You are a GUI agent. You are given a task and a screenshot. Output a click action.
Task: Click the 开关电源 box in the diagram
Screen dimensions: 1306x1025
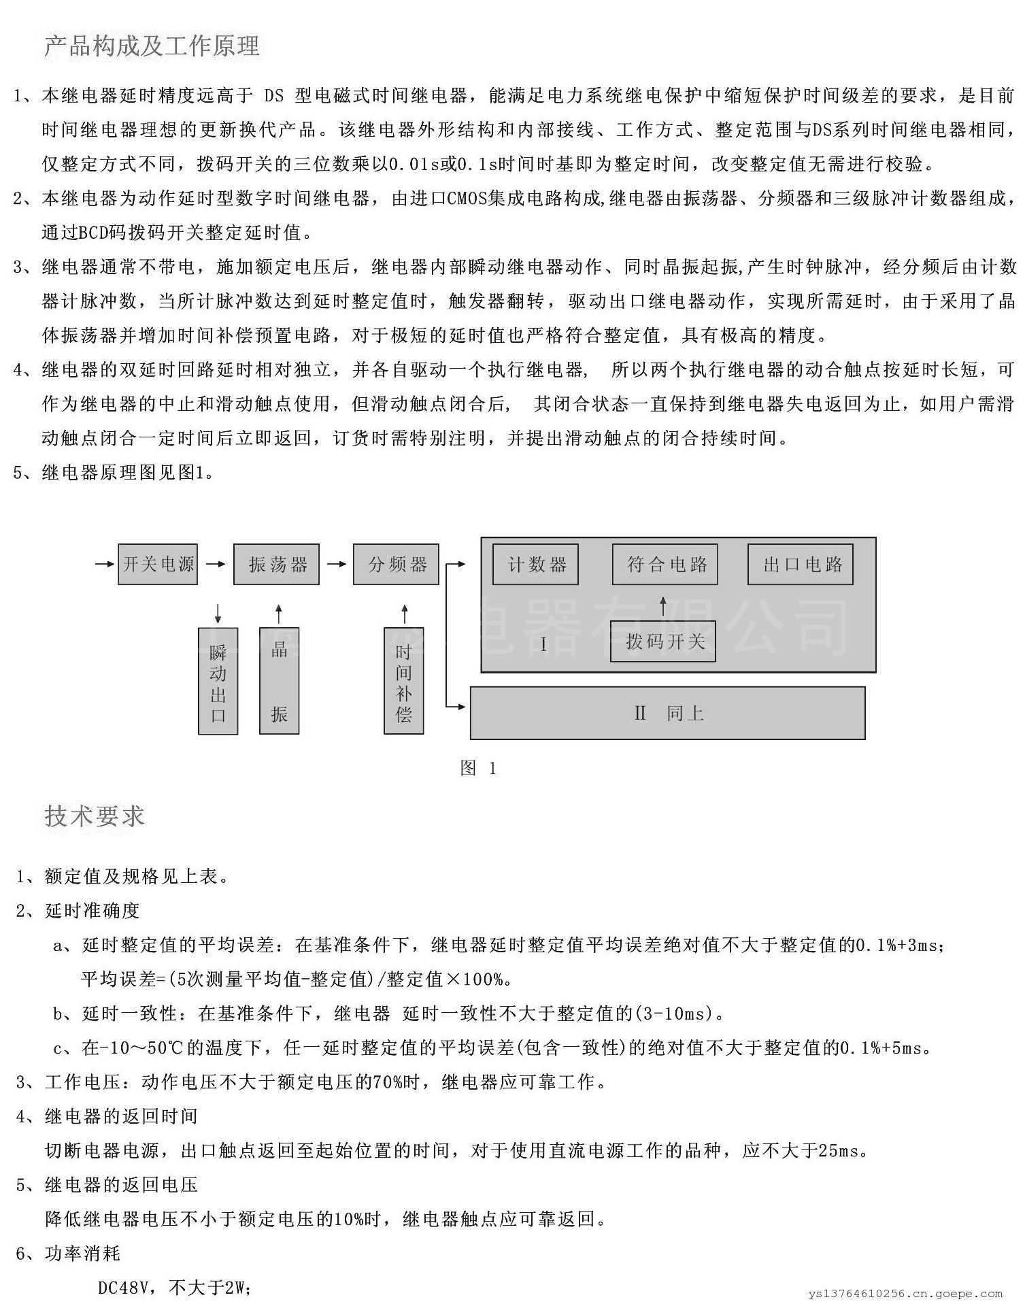(158, 564)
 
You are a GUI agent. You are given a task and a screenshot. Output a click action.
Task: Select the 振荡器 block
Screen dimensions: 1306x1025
(276, 564)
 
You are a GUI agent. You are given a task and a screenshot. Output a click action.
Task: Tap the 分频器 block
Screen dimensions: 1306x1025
(396, 564)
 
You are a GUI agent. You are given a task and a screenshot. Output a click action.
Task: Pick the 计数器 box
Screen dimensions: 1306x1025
(535, 565)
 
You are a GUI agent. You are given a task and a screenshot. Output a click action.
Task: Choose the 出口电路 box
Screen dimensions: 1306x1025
(800, 565)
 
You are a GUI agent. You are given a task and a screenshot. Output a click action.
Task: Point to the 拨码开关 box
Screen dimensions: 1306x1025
(662, 641)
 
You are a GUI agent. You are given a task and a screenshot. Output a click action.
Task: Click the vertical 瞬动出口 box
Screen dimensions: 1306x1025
(218, 681)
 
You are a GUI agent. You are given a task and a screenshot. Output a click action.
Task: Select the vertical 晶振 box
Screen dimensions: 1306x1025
(279, 681)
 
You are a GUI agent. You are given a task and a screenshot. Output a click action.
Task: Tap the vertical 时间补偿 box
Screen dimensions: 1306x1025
(403, 681)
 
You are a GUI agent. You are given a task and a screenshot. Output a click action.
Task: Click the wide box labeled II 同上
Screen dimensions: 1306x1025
(667, 713)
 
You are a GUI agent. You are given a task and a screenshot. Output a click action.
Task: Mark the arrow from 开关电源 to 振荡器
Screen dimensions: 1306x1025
(216, 564)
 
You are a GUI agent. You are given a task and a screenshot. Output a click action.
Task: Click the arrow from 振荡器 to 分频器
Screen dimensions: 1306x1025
(337, 564)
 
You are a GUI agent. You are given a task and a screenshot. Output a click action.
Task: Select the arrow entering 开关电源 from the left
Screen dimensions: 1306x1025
(105, 564)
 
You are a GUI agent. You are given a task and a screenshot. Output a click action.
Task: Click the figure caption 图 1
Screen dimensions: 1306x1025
(478, 769)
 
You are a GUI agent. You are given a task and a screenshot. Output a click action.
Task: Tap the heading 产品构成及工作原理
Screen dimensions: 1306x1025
(152, 46)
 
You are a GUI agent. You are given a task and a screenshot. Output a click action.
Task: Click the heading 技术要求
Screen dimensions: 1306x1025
(95, 816)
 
